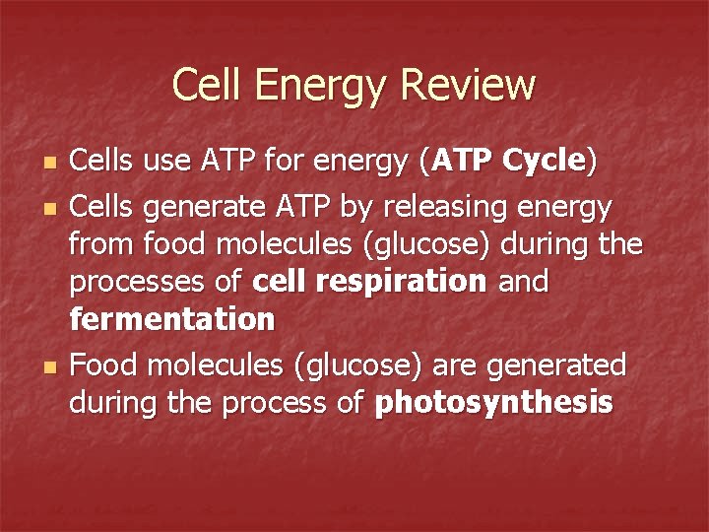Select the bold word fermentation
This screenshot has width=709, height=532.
pyautogui.click(x=172, y=319)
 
